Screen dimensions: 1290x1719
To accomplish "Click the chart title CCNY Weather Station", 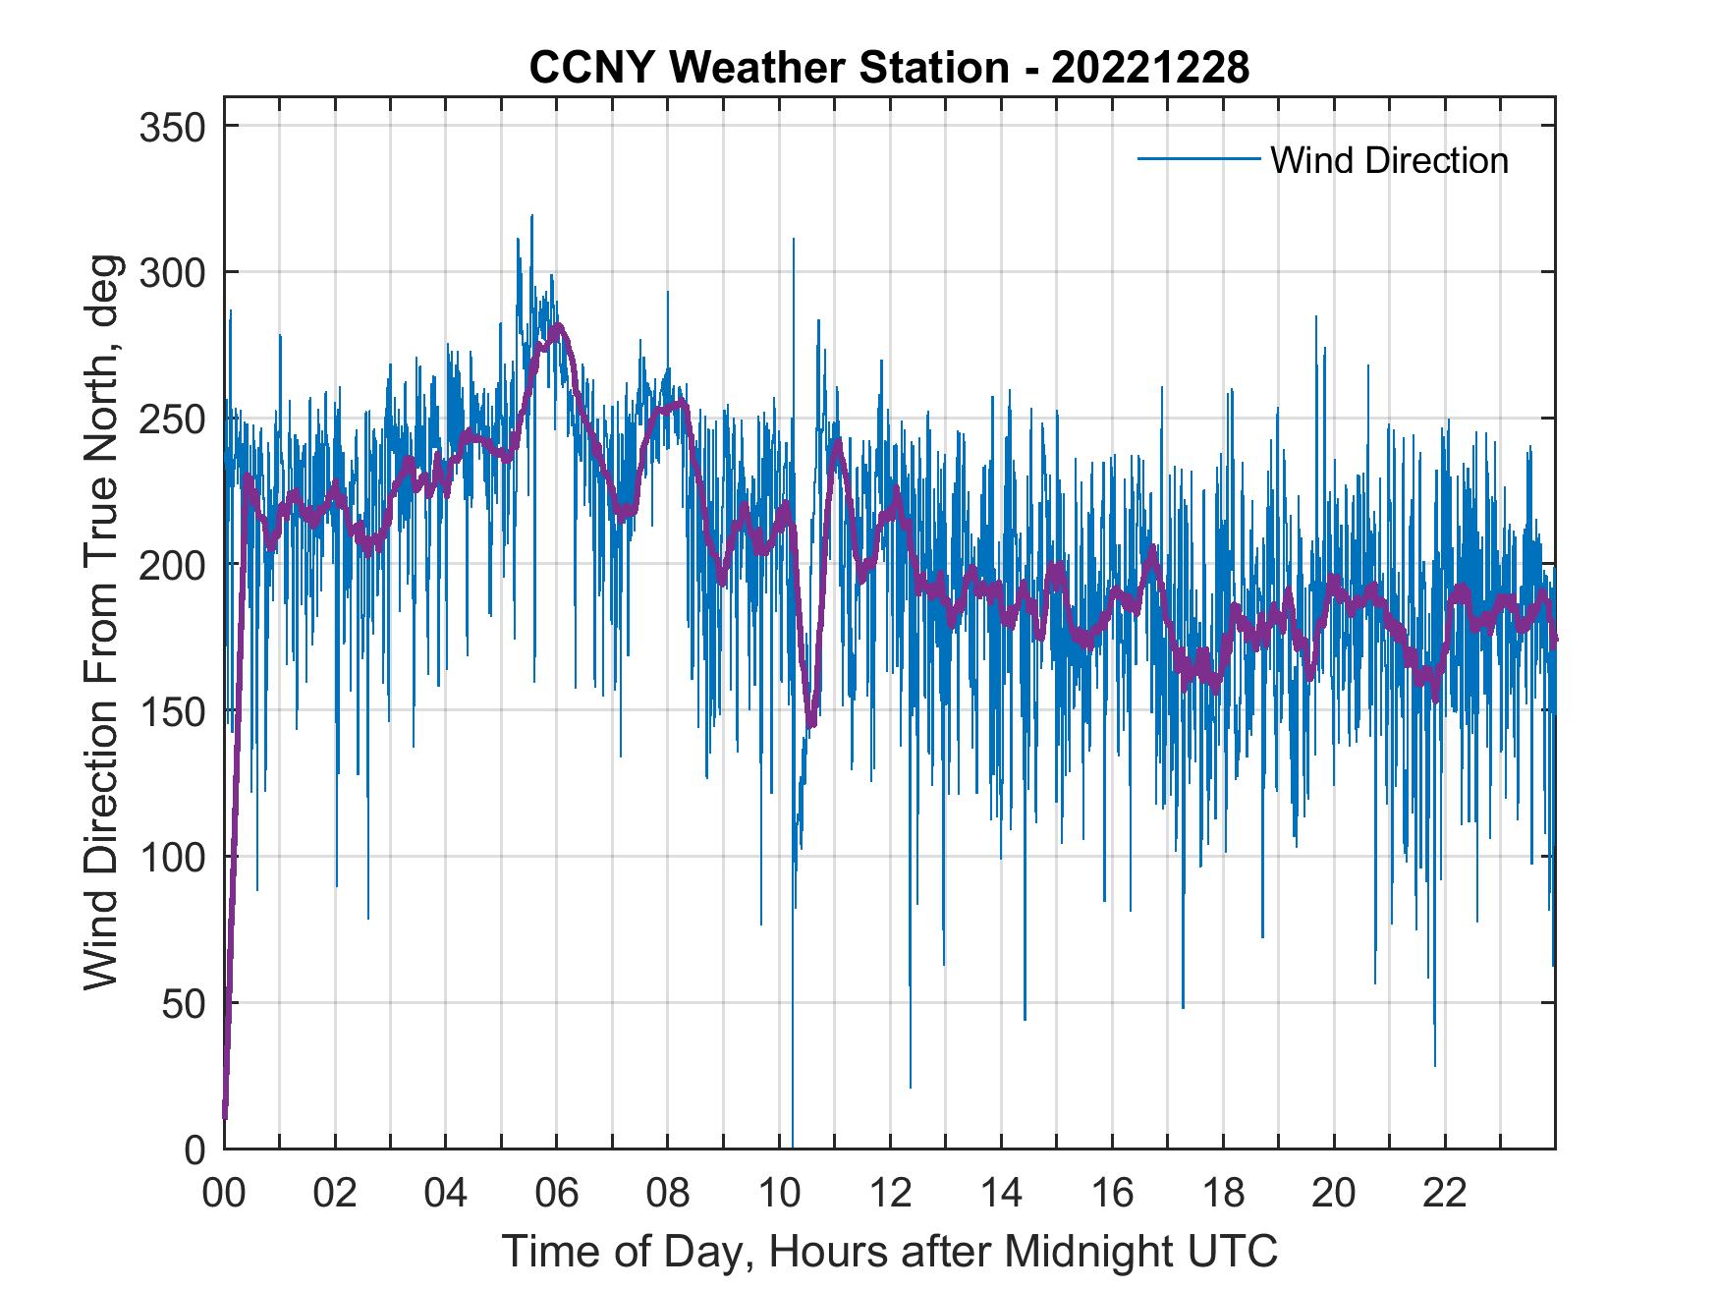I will coord(889,68).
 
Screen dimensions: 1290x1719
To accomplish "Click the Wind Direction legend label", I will coord(1389,160).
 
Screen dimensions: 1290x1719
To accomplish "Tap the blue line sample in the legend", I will coord(1198,158).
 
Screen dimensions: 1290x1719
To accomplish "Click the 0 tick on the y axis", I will coord(196,1149).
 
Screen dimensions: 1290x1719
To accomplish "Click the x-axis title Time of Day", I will coord(890,1252).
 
